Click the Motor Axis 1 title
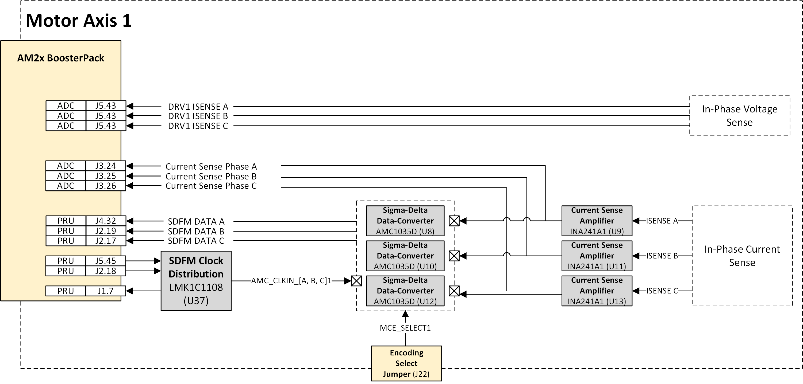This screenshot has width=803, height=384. (79, 21)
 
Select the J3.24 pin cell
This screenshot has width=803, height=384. (105, 166)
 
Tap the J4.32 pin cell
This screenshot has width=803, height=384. (105, 221)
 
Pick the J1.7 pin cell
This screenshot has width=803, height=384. (105, 291)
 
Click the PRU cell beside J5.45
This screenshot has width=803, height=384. (66, 261)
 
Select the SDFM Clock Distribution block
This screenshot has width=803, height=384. (196, 281)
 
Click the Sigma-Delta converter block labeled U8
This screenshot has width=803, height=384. (405, 221)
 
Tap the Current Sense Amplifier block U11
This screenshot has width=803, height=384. (597, 256)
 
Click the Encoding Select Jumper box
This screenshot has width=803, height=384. (406, 363)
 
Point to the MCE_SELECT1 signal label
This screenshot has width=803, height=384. (405, 328)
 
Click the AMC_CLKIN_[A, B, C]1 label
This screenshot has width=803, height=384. (291, 281)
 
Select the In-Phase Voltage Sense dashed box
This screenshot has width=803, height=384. (739, 116)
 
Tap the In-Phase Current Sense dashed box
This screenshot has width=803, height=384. (742, 256)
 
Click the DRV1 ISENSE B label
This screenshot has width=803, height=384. (198, 116)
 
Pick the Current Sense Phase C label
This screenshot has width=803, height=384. (211, 186)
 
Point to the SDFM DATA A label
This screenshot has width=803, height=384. (196, 222)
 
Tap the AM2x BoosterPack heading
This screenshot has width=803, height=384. (60, 58)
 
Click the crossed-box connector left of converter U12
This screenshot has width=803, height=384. (356, 281)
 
